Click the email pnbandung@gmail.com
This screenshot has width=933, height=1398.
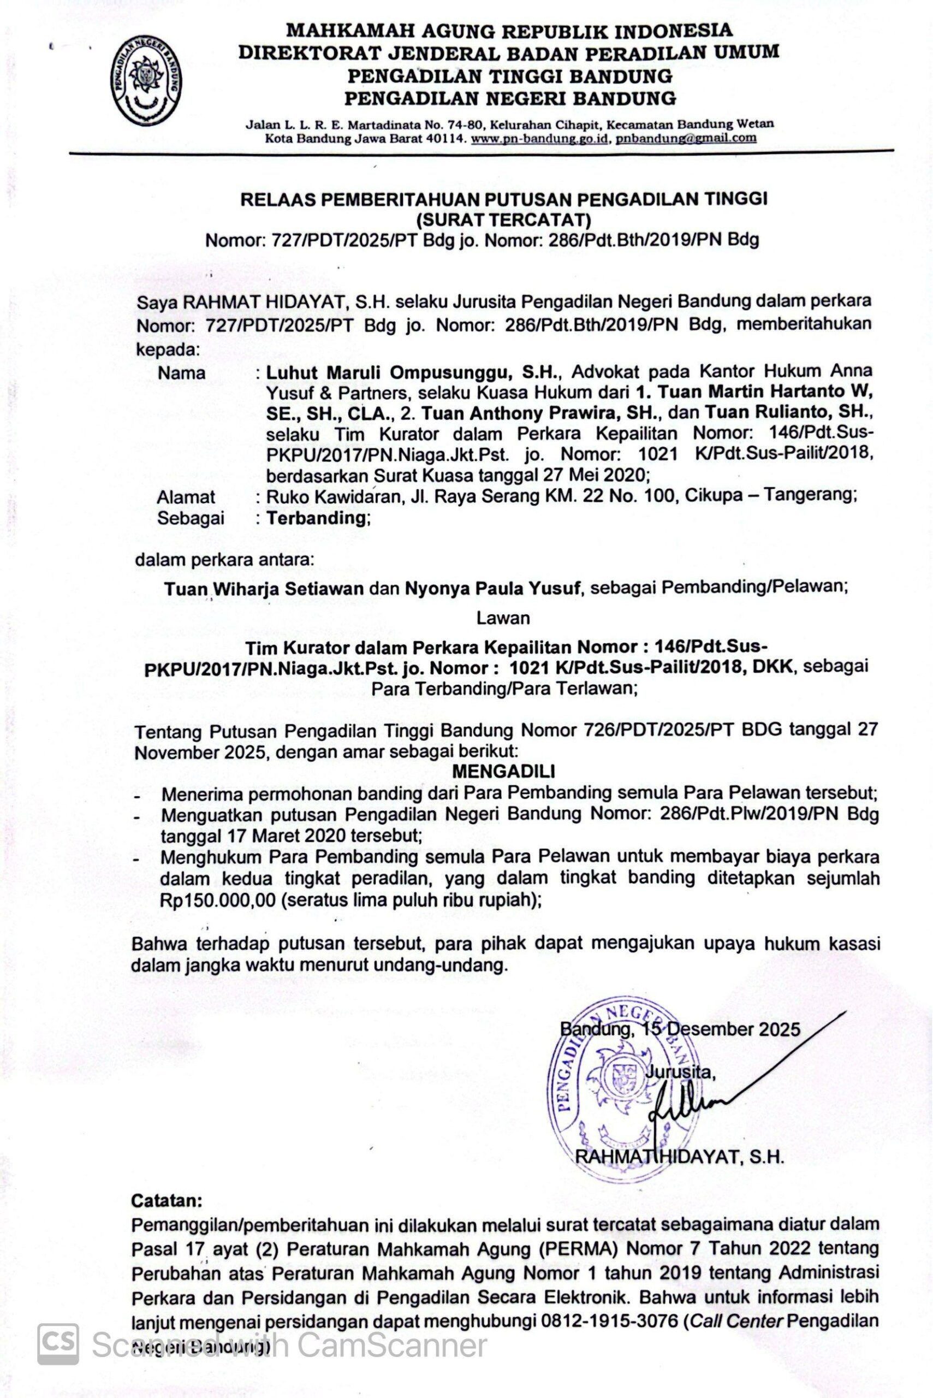click(686, 138)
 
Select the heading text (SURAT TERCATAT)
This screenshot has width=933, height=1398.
click(503, 220)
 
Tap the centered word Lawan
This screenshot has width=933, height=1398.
click(503, 618)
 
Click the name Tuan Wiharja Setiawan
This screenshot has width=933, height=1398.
click(264, 588)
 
